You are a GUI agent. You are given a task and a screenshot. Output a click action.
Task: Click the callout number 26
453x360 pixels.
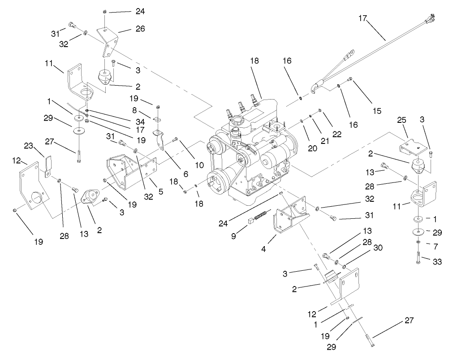coord(128,29)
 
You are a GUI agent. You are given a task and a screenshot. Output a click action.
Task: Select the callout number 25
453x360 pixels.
coord(402,121)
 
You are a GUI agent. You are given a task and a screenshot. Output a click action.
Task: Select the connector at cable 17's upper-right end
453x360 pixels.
coord(431,18)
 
